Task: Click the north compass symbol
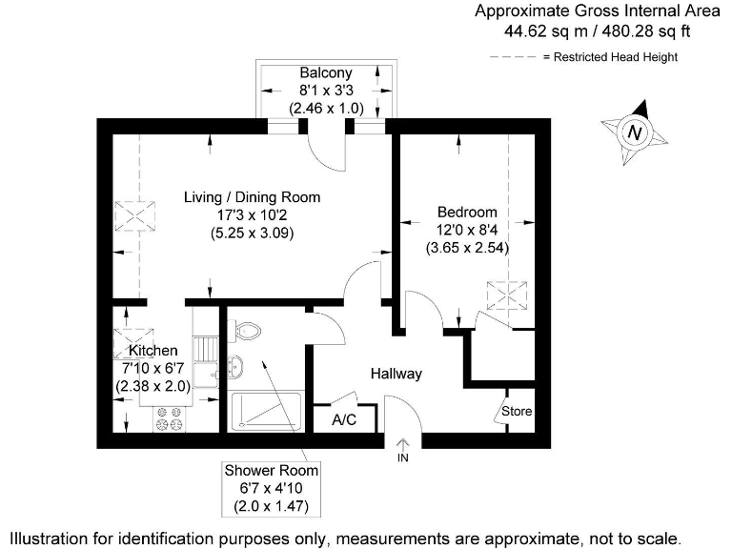[x=635, y=132]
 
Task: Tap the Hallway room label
[x=396, y=374]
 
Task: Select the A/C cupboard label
[x=344, y=419]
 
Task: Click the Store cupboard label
[x=518, y=412]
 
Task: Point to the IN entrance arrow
[x=402, y=444]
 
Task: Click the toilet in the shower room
[x=246, y=331]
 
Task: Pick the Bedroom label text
[x=467, y=212]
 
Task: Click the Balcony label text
[x=326, y=73]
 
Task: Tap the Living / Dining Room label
[x=252, y=197]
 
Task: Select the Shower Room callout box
[x=272, y=487]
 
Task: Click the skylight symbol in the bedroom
[x=506, y=295]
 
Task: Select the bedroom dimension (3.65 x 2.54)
[x=467, y=247]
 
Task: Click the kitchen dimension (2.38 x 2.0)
[x=152, y=386]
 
